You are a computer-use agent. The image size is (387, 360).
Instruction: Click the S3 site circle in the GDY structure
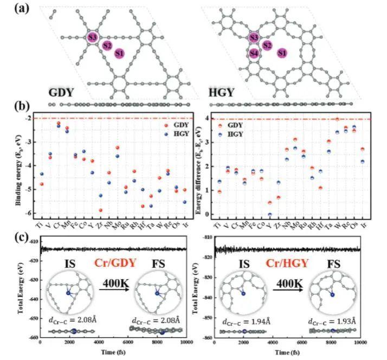click(93, 37)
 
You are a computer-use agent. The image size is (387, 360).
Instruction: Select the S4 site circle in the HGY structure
click(254, 53)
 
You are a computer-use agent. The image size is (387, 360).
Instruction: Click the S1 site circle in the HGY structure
click(281, 53)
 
